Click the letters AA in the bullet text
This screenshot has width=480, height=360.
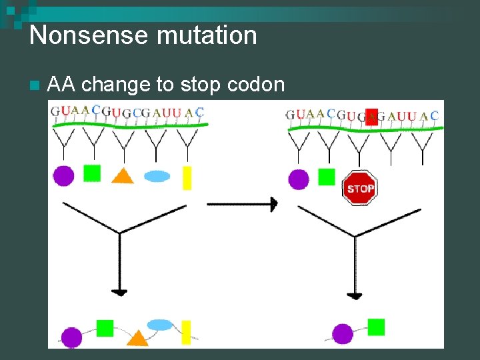pyautogui.click(x=62, y=85)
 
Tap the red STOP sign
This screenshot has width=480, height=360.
pyautogui.click(x=360, y=188)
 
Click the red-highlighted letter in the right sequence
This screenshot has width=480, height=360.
pyautogui.click(x=372, y=116)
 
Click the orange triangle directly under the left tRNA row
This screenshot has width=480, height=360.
pyautogui.click(x=122, y=176)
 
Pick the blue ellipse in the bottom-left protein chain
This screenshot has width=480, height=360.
pyautogui.click(x=160, y=325)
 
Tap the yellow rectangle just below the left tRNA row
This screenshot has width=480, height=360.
pyautogui.click(x=187, y=177)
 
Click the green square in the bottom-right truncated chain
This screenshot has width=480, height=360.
pyautogui.click(x=376, y=327)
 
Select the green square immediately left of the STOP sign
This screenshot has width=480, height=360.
pyautogui.click(x=326, y=177)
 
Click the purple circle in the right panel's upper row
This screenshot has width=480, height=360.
pyautogui.click(x=298, y=179)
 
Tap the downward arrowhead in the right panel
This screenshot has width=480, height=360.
pyautogui.click(x=355, y=295)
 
